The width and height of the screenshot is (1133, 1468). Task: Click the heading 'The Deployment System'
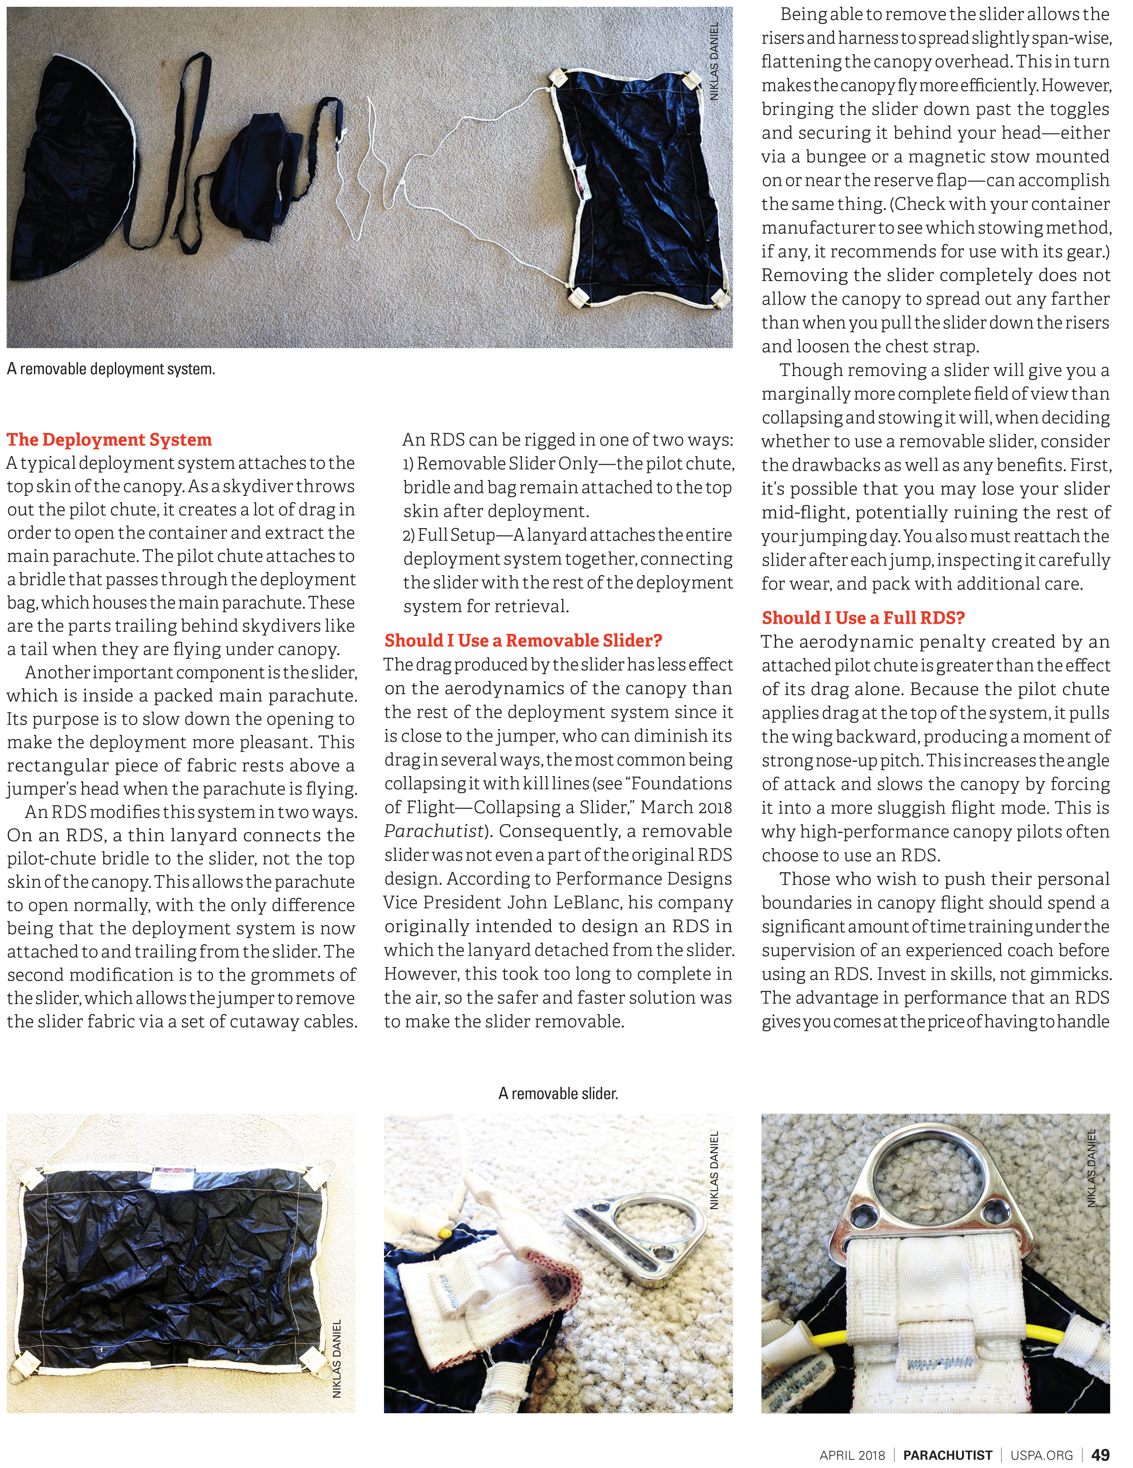click(x=109, y=439)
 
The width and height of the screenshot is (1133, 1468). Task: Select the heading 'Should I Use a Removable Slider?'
click(x=523, y=641)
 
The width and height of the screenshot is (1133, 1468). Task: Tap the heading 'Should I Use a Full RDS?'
click(x=863, y=618)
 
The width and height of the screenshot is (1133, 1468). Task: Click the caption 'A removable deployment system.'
click(x=111, y=369)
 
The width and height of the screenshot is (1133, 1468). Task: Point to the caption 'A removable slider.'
click(x=558, y=1094)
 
